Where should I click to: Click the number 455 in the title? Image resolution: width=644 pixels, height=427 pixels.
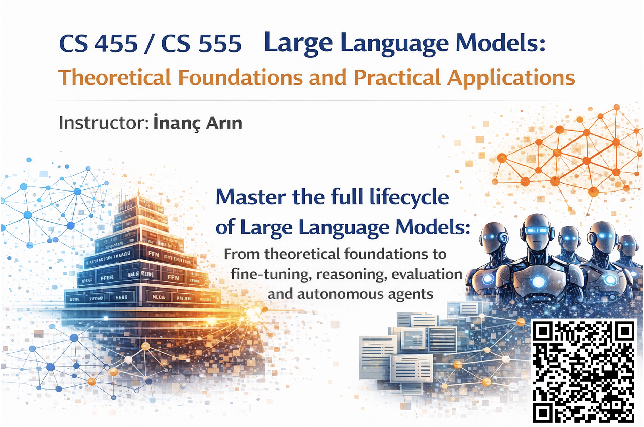click(x=116, y=44)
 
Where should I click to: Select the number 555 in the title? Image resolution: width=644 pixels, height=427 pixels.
click(x=220, y=44)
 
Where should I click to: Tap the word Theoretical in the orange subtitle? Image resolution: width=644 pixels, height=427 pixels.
click(x=115, y=78)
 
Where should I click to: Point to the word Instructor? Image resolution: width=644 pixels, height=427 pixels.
click(x=104, y=123)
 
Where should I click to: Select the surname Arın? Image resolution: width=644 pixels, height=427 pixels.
click(x=224, y=123)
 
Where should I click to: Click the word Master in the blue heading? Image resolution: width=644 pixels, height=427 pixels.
click(x=250, y=197)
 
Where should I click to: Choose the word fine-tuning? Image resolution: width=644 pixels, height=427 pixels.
click(x=271, y=274)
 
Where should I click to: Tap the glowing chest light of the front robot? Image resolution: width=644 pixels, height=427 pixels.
click(x=538, y=281)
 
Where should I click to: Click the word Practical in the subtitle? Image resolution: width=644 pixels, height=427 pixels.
click(x=397, y=78)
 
